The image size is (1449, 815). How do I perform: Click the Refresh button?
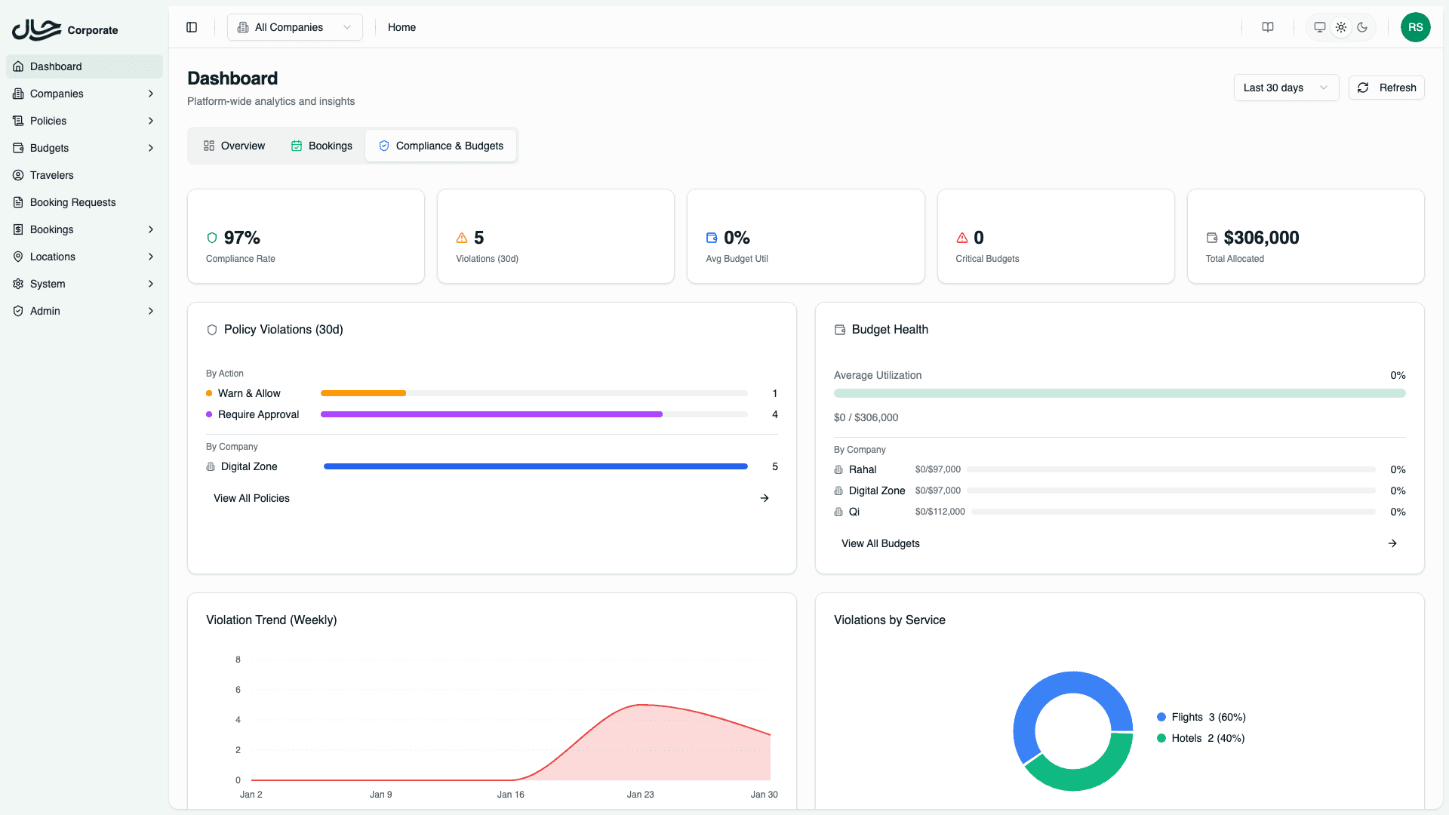(x=1386, y=88)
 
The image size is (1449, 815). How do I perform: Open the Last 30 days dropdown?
(x=1285, y=88)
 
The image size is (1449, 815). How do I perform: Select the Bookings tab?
(x=321, y=146)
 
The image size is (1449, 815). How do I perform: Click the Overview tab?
(x=234, y=146)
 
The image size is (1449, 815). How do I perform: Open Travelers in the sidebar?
(x=51, y=175)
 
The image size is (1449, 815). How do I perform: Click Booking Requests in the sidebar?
(x=72, y=202)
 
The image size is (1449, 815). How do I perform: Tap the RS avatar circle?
(x=1415, y=27)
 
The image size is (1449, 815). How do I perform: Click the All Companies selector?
(x=294, y=27)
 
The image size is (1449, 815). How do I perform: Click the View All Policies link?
(x=251, y=498)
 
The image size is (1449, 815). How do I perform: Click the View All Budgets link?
(x=880, y=543)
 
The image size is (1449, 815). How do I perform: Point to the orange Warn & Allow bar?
(x=363, y=393)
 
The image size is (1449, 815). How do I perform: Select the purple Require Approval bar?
(x=491, y=414)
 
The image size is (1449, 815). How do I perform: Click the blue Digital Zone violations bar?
(x=535, y=466)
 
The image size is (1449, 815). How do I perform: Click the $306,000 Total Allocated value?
(x=1261, y=238)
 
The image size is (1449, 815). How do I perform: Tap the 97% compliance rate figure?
(x=241, y=238)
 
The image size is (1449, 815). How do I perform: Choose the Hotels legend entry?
(x=1200, y=738)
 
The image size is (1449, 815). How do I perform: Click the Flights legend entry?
(x=1200, y=717)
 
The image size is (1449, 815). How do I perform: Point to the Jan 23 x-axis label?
(x=640, y=795)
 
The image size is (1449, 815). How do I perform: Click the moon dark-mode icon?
(x=1362, y=27)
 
